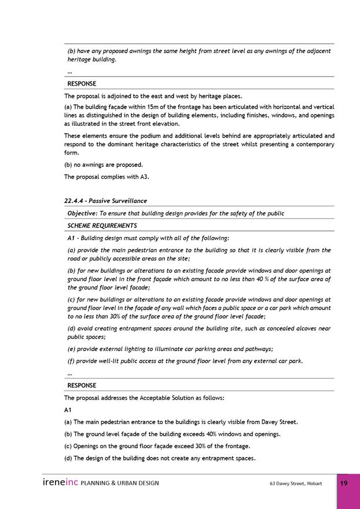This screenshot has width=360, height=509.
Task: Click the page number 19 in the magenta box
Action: [344, 483]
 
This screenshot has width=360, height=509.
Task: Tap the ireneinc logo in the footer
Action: [60, 482]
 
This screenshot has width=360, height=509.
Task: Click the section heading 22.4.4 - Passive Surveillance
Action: [105, 201]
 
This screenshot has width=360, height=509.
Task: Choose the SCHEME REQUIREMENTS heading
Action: [102, 226]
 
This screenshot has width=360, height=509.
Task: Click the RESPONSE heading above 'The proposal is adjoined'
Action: [82, 84]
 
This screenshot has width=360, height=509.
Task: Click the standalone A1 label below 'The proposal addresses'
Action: [68, 410]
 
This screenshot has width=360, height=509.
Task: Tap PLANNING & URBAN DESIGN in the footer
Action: [120, 483]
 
